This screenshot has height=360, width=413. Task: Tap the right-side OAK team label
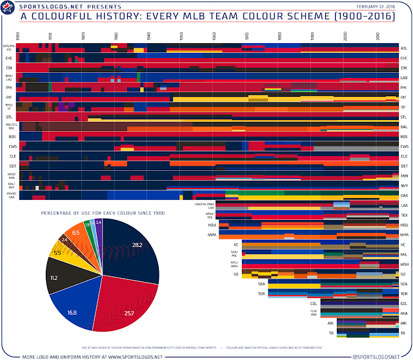pyautogui.click(x=403, y=194)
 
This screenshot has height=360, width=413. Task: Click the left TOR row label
pyautogui.click(x=261, y=293)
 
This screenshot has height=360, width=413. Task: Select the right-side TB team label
pyautogui.click(x=403, y=333)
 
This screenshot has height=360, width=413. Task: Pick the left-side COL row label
pyautogui.click(x=313, y=303)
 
